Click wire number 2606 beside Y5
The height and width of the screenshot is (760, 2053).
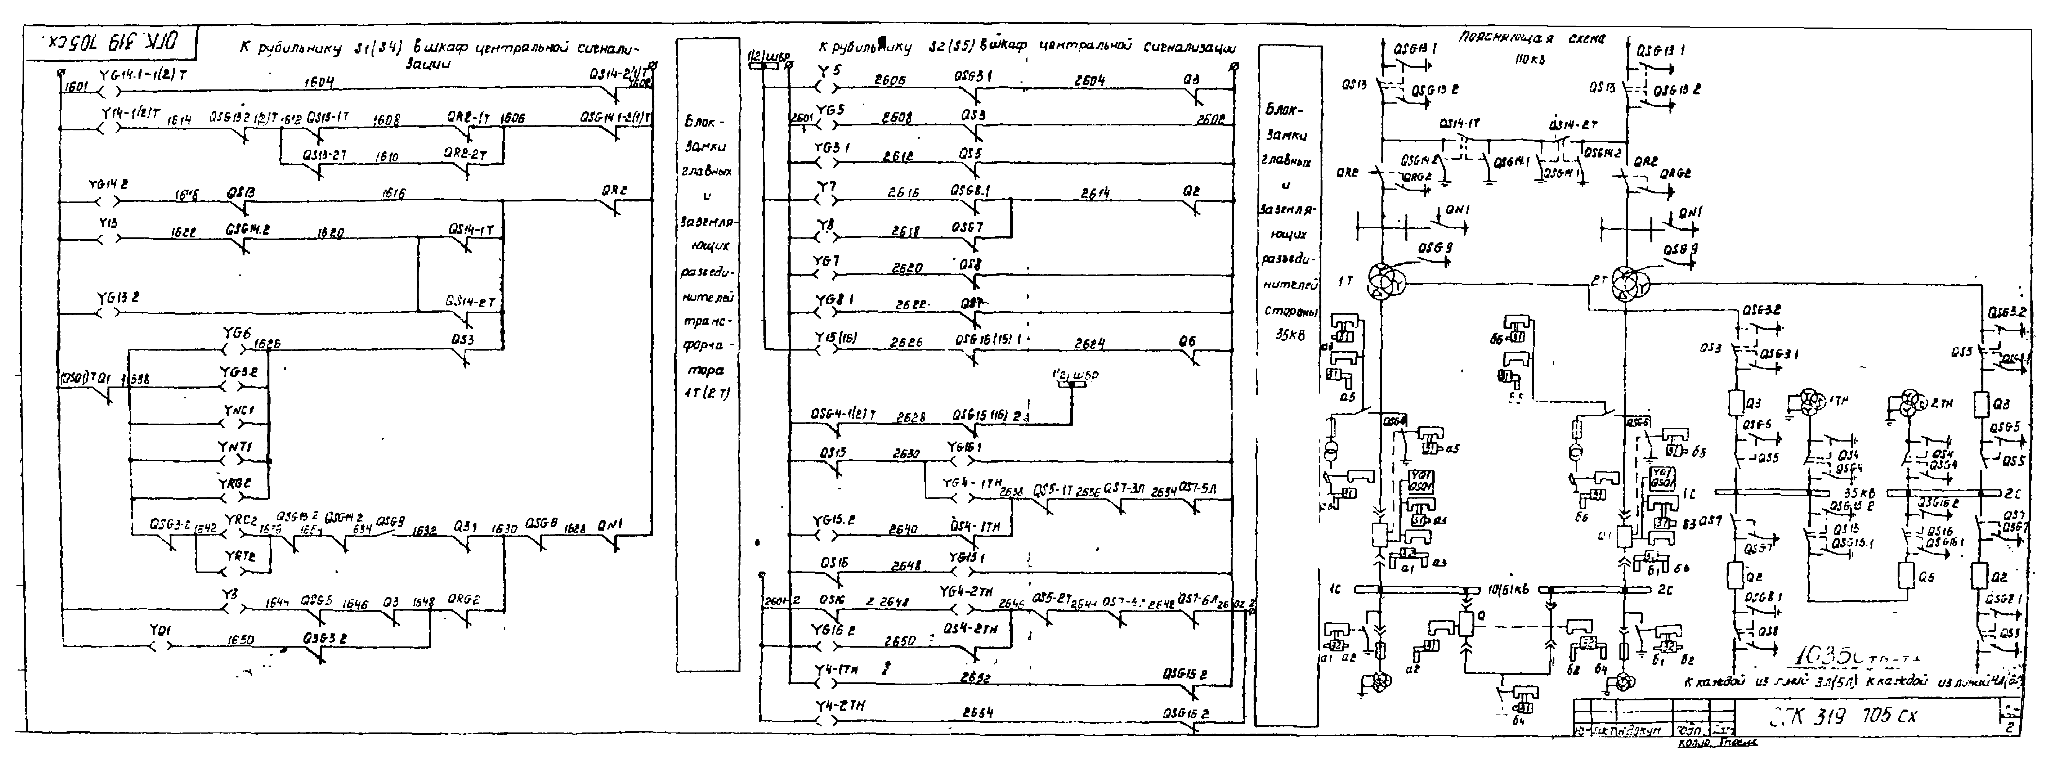(889, 80)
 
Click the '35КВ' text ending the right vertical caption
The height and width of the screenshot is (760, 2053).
(1288, 335)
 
